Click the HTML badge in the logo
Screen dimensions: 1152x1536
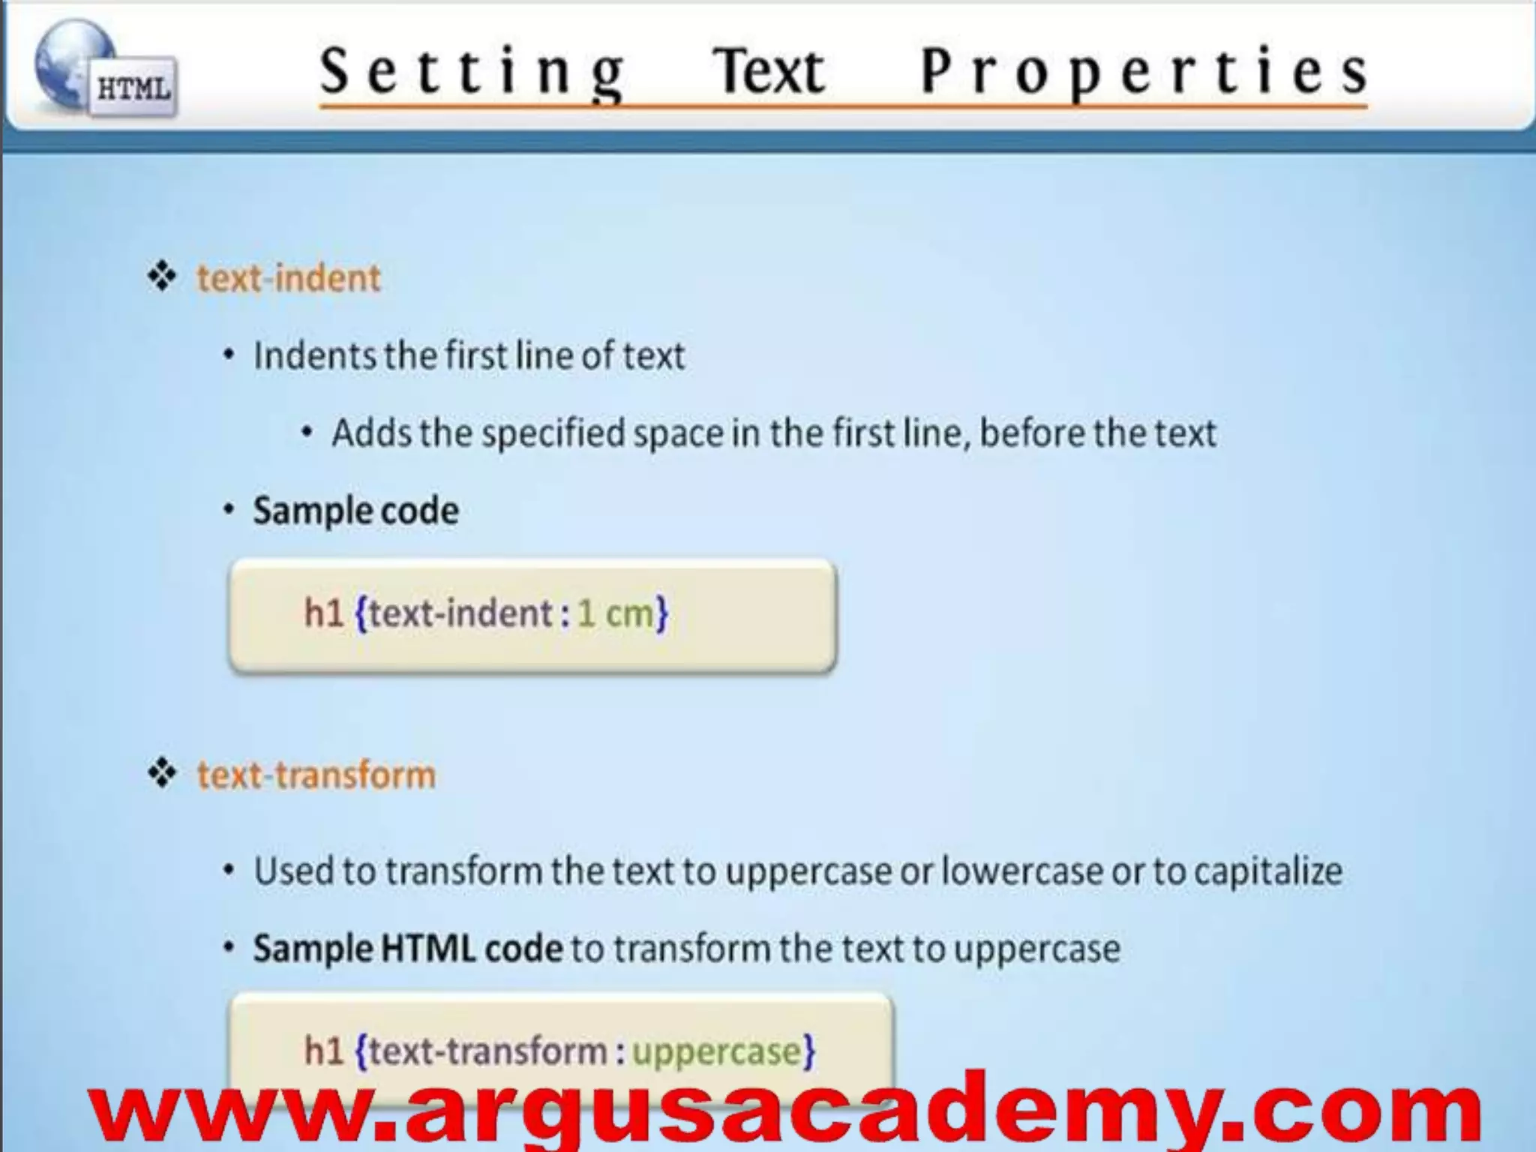pyautogui.click(x=133, y=88)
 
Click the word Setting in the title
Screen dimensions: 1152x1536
pyautogui.click(x=472, y=72)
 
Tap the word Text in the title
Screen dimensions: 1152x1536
pyautogui.click(x=769, y=72)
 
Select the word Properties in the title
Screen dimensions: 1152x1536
pyautogui.click(x=1144, y=72)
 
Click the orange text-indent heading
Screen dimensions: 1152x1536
pyautogui.click(x=289, y=278)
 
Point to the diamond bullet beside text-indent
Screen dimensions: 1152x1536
pyautogui.click(x=162, y=277)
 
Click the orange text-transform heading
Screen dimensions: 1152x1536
pyautogui.click(x=316, y=775)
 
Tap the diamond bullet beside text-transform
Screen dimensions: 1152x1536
pyautogui.click(x=162, y=773)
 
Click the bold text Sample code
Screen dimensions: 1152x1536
pyautogui.click(x=355, y=511)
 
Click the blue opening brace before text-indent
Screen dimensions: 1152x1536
pyautogui.click(x=361, y=614)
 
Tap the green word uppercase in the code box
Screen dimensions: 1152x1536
pyautogui.click(x=717, y=1051)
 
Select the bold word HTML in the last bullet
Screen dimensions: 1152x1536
pyautogui.click(x=427, y=949)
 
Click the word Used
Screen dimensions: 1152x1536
pyautogui.click(x=293, y=871)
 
